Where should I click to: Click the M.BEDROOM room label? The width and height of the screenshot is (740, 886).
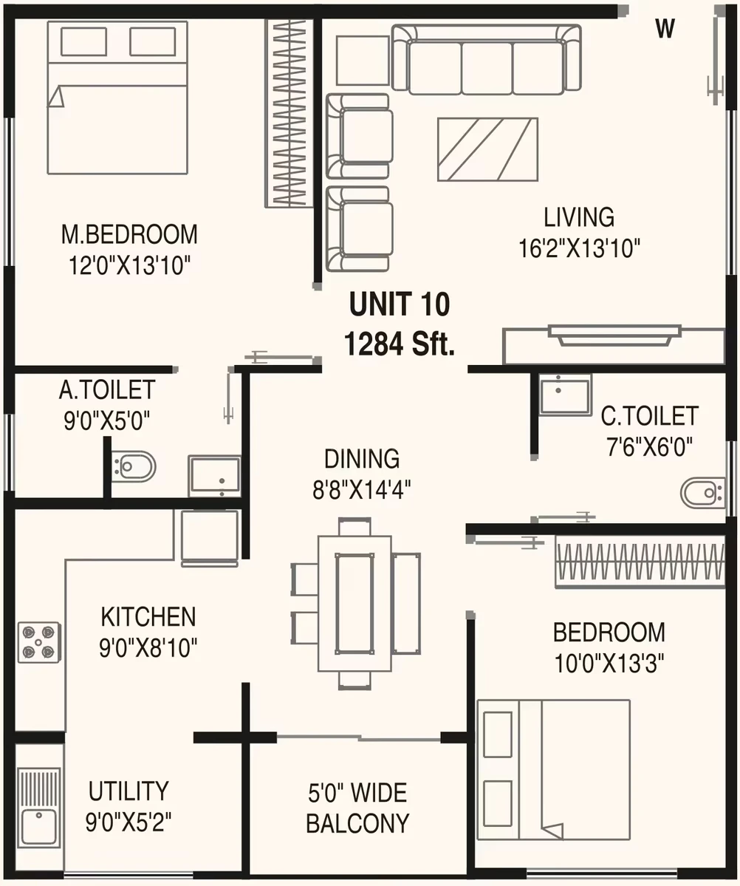[x=129, y=234]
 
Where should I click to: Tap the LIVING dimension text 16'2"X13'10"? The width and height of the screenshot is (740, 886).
[x=580, y=248]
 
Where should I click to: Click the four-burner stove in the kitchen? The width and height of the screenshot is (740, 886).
[x=39, y=642]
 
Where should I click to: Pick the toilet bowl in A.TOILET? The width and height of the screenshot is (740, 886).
[x=133, y=466]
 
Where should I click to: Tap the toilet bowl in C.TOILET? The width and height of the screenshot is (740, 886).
[x=702, y=493]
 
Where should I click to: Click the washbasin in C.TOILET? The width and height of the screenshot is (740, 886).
[x=565, y=395]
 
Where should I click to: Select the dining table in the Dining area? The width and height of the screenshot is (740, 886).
[x=354, y=603]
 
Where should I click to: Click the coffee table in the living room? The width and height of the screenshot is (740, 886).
[x=487, y=149]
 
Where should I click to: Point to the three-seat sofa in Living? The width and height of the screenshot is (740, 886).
[x=487, y=59]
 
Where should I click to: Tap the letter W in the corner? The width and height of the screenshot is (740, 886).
[x=665, y=27]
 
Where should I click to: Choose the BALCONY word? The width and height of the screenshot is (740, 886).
[x=357, y=823]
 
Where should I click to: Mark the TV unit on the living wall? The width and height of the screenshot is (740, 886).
[x=614, y=344]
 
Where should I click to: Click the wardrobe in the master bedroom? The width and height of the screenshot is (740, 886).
[x=290, y=113]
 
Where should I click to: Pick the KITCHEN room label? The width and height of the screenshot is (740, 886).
[x=148, y=616]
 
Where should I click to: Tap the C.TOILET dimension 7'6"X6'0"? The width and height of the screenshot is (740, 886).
[x=650, y=447]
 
